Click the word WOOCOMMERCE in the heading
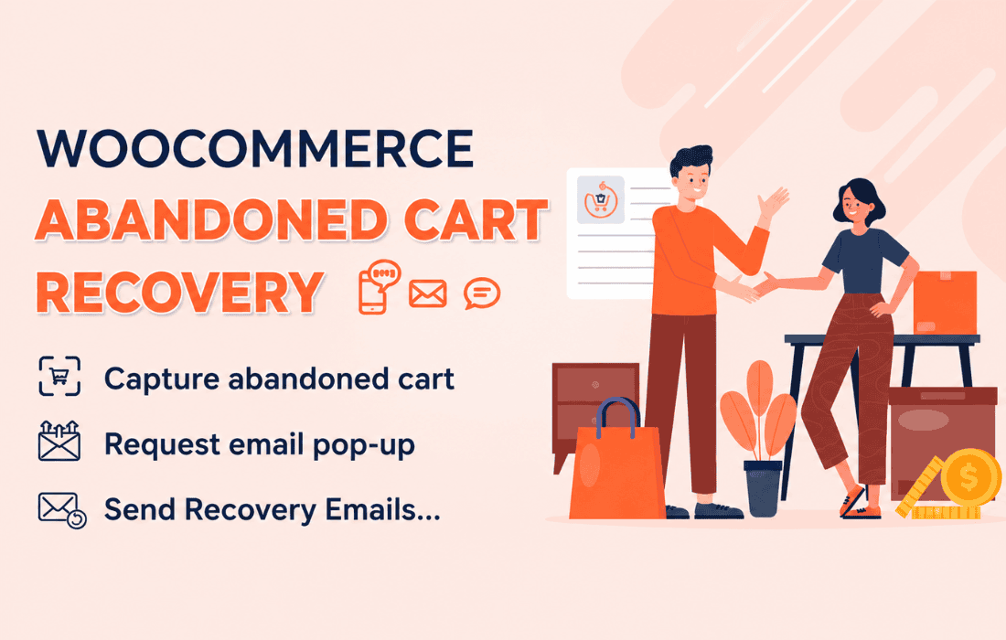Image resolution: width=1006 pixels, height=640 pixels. (x=255, y=149)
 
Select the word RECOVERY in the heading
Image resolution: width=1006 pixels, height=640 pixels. (x=179, y=293)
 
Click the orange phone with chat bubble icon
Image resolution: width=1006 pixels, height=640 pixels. (x=380, y=287)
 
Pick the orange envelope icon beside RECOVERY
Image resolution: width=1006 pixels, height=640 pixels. (x=427, y=293)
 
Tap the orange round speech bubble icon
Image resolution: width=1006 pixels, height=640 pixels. (x=482, y=293)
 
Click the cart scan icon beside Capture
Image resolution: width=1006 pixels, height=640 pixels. (x=59, y=377)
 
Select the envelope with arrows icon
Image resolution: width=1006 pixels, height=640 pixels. (x=59, y=441)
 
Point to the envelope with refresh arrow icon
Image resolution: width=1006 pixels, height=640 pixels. (x=62, y=510)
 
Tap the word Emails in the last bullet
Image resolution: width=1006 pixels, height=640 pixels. (x=383, y=510)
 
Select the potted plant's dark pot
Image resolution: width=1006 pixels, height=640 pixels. (x=763, y=488)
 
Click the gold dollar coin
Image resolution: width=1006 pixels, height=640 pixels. (x=970, y=478)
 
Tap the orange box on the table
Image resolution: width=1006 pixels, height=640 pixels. (x=945, y=302)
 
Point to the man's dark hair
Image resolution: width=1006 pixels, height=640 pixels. (x=690, y=160)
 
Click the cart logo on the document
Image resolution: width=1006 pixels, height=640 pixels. (x=601, y=200)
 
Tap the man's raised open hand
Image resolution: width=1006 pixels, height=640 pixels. (x=773, y=204)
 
